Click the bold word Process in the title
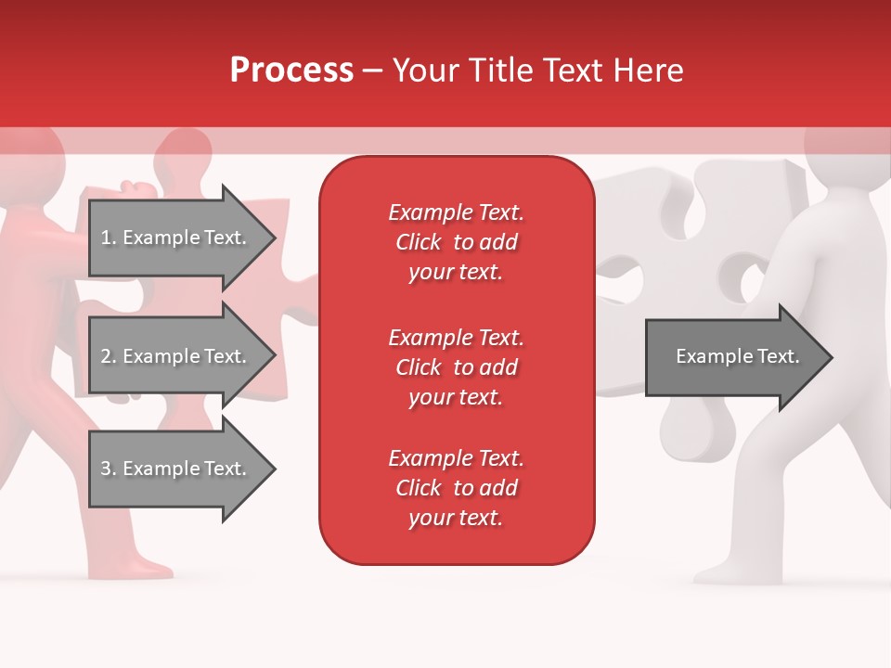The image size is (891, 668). [291, 71]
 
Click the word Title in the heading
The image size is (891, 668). [500, 71]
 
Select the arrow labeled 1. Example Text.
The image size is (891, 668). [176, 238]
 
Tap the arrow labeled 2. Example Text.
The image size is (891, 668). [176, 356]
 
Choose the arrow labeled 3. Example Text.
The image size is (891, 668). [176, 469]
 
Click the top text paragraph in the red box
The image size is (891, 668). [456, 242]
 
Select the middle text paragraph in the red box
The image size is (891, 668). [456, 367]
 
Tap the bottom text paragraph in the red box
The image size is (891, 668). [456, 488]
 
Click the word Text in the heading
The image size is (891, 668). [576, 71]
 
